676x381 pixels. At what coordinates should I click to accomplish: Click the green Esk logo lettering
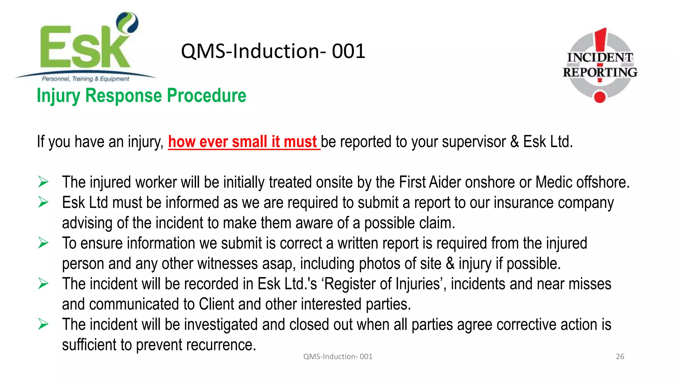(x=84, y=48)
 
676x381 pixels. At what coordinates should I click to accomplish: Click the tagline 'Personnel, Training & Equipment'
(x=85, y=79)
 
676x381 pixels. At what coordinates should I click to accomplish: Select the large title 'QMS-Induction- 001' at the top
(x=273, y=51)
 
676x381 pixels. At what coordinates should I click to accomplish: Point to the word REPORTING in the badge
(x=600, y=72)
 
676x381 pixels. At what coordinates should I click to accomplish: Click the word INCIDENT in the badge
(x=600, y=57)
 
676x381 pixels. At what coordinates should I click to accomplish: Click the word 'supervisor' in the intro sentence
(x=474, y=142)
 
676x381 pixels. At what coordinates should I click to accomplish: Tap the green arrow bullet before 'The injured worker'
(x=43, y=182)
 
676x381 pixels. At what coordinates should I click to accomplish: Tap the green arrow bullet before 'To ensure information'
(x=43, y=243)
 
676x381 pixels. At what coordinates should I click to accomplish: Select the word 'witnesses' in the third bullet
(x=228, y=264)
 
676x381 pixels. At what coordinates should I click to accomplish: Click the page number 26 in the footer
(x=620, y=356)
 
